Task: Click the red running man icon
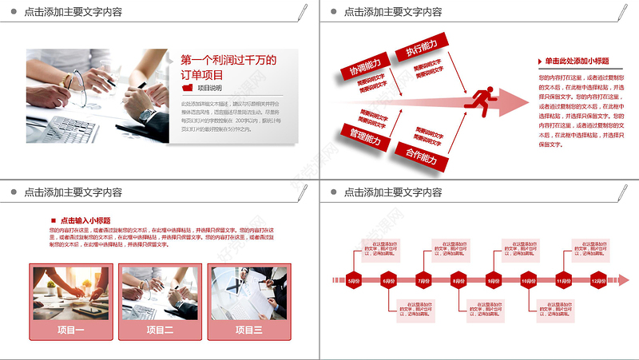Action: click(x=480, y=101)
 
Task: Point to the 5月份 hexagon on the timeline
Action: click(x=354, y=280)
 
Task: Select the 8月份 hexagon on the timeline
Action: click(x=458, y=280)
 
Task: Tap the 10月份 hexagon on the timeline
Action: click(x=528, y=280)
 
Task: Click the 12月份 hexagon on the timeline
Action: click(x=598, y=280)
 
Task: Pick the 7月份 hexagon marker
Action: click(x=423, y=280)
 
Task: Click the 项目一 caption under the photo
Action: click(x=70, y=330)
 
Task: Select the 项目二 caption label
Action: click(x=159, y=330)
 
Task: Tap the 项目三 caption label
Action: click(x=248, y=330)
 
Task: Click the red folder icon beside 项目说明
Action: click(x=188, y=88)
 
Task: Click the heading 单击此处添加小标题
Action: click(x=577, y=61)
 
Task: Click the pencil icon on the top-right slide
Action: click(x=621, y=12)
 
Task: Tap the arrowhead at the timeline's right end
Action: click(x=623, y=280)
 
